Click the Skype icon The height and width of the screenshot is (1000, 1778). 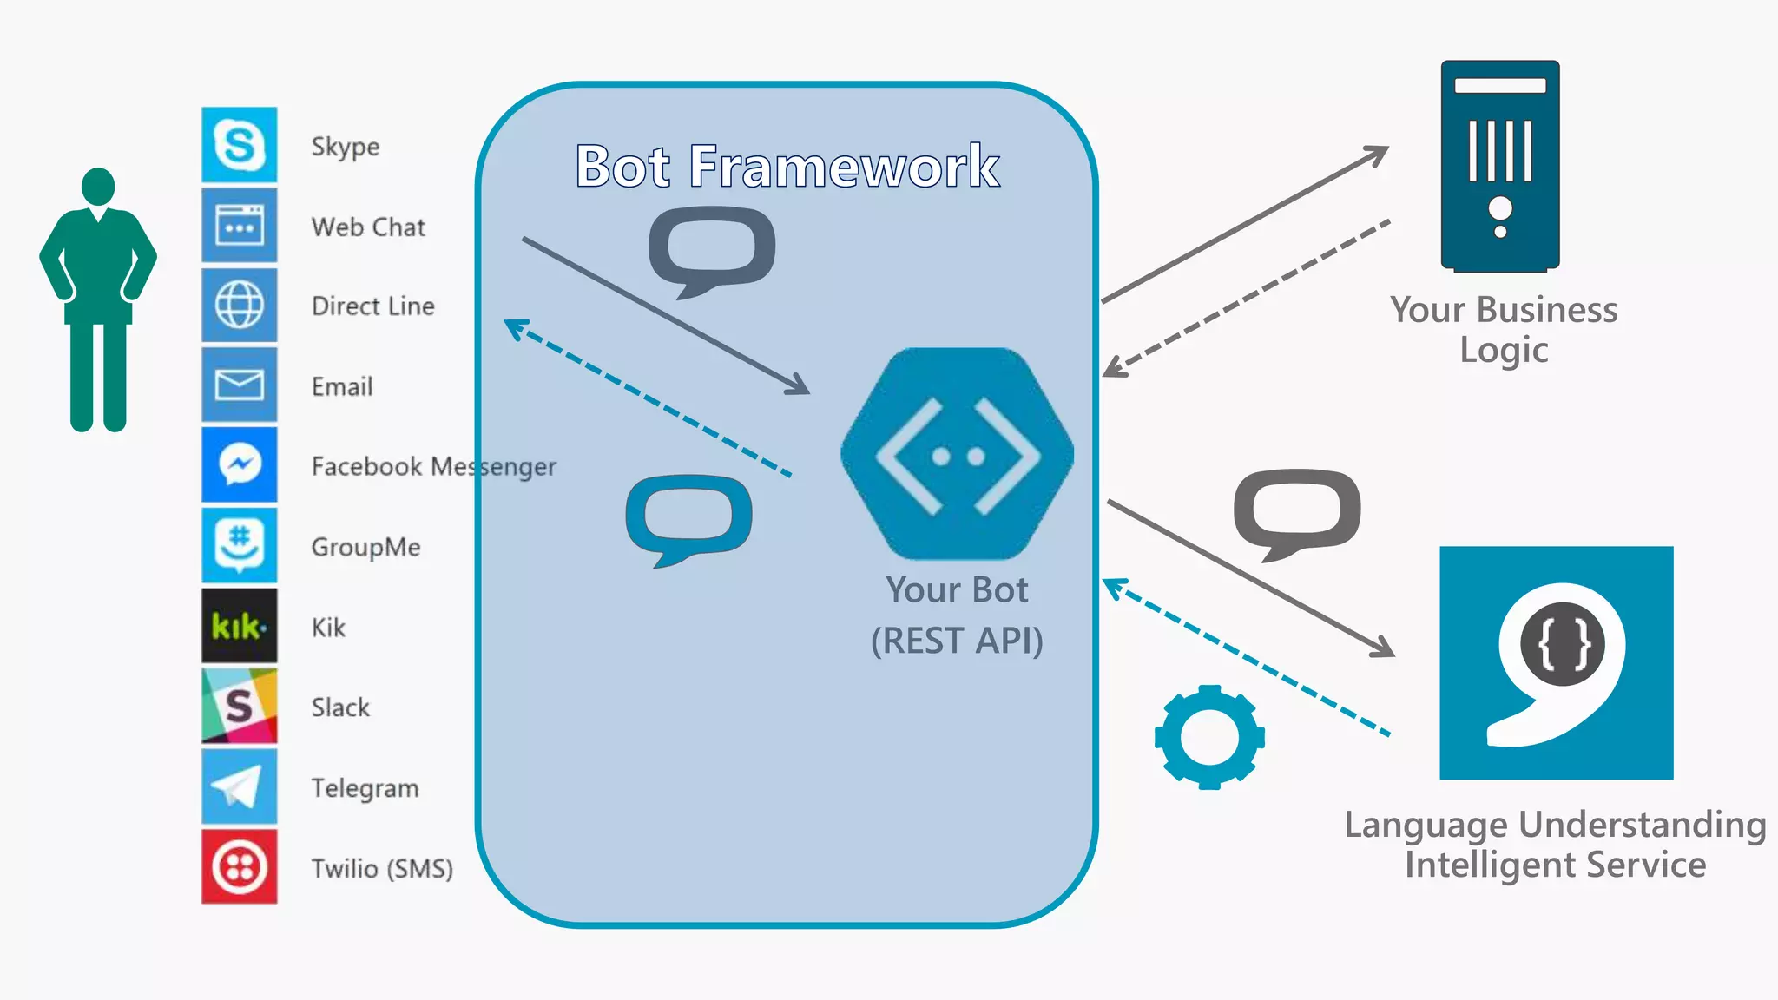pos(240,145)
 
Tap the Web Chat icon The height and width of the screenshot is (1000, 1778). pos(240,226)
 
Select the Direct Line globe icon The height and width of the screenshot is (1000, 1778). pos(240,306)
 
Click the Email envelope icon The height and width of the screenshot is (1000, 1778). pos(240,385)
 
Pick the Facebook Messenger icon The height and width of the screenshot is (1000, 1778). pos(240,465)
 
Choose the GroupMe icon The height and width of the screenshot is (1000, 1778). pos(240,545)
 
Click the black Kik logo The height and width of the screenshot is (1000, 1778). pos(240,626)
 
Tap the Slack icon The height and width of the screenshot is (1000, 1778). pos(240,706)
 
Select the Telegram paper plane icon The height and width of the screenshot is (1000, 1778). pos(240,786)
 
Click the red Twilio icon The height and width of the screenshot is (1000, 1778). pos(240,866)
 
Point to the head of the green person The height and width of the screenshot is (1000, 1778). pos(98,187)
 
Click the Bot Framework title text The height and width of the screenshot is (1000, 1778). pos(787,166)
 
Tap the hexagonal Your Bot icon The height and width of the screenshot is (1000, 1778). pos(958,454)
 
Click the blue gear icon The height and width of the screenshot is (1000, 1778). pos(1209,737)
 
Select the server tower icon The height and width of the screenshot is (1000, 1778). pos(1500,165)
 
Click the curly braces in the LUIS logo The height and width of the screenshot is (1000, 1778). pos(1563,644)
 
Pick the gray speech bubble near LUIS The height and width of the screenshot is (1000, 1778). pos(1297,512)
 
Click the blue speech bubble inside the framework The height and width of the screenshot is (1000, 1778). pos(689,517)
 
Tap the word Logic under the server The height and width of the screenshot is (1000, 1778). pos(1504,350)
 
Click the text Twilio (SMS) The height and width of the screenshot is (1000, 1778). pos(382,868)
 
